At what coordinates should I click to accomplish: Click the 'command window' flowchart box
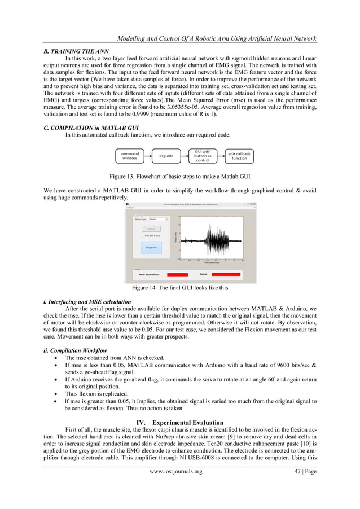pyautogui.click(x=130, y=155)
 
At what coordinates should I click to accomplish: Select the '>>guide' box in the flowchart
pyautogui.click(x=166, y=155)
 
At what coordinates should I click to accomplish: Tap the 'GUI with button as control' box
pyautogui.click(x=203, y=155)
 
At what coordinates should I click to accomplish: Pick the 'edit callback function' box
pyautogui.click(x=239, y=155)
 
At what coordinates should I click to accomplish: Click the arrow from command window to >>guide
pyautogui.click(x=148, y=155)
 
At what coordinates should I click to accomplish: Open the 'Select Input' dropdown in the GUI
pyautogui.click(x=158, y=219)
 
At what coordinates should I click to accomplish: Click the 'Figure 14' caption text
pyautogui.click(x=179, y=287)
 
